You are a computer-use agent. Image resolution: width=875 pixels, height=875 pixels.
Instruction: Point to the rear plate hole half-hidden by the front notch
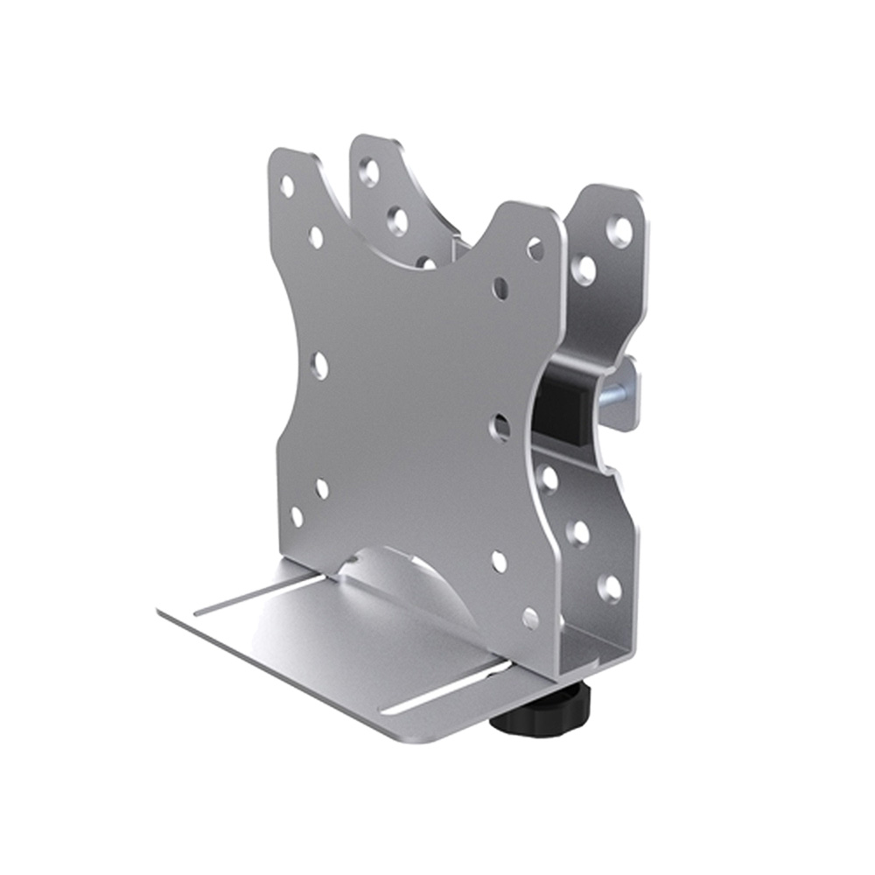(x=426, y=262)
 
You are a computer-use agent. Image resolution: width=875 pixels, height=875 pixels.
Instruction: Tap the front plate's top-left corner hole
(x=287, y=185)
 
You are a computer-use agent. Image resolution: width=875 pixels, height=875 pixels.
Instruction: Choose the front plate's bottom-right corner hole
(x=530, y=618)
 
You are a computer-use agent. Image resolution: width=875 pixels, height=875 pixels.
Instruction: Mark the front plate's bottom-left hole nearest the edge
(x=297, y=516)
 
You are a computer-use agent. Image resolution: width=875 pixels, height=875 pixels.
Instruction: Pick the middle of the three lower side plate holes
(x=578, y=531)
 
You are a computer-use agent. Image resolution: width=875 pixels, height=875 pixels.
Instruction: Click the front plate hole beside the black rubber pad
(x=501, y=427)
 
